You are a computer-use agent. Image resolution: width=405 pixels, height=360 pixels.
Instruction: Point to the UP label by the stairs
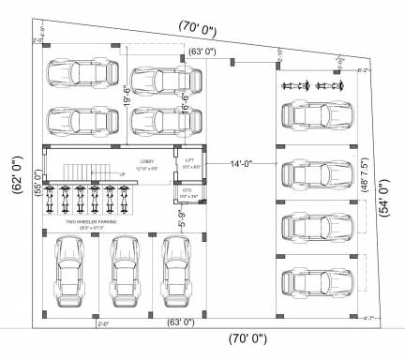click(x=121, y=174)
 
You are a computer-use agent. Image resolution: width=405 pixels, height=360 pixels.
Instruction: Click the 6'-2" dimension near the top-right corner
click(x=363, y=70)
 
